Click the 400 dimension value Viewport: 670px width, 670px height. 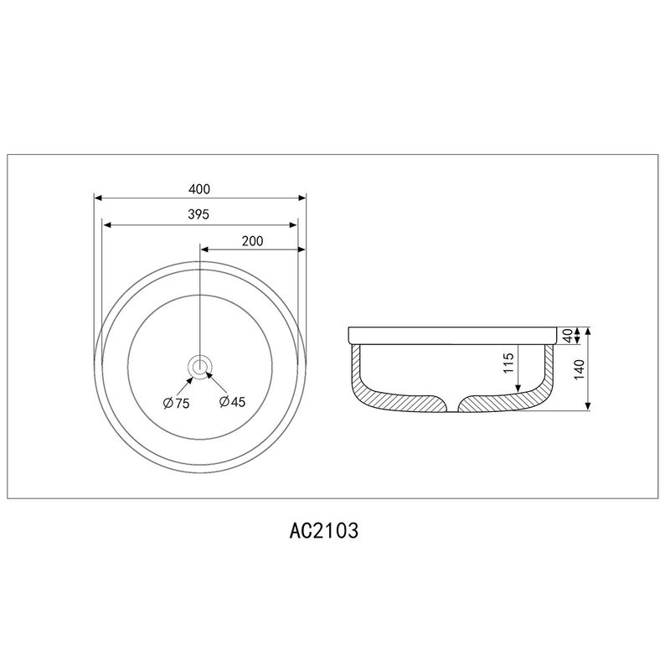pos(199,189)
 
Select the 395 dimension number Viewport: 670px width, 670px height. pos(198,214)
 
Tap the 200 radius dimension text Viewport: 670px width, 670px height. pos(253,241)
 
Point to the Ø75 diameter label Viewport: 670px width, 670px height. pos(177,403)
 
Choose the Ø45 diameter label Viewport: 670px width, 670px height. pos(233,402)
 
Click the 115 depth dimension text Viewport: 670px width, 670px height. pos(508,363)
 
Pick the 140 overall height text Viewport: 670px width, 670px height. pos(579,369)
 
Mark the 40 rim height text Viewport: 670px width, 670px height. pos(568,336)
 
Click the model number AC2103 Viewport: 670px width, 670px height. pos(324,531)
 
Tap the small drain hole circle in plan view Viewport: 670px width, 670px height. pos(199,367)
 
